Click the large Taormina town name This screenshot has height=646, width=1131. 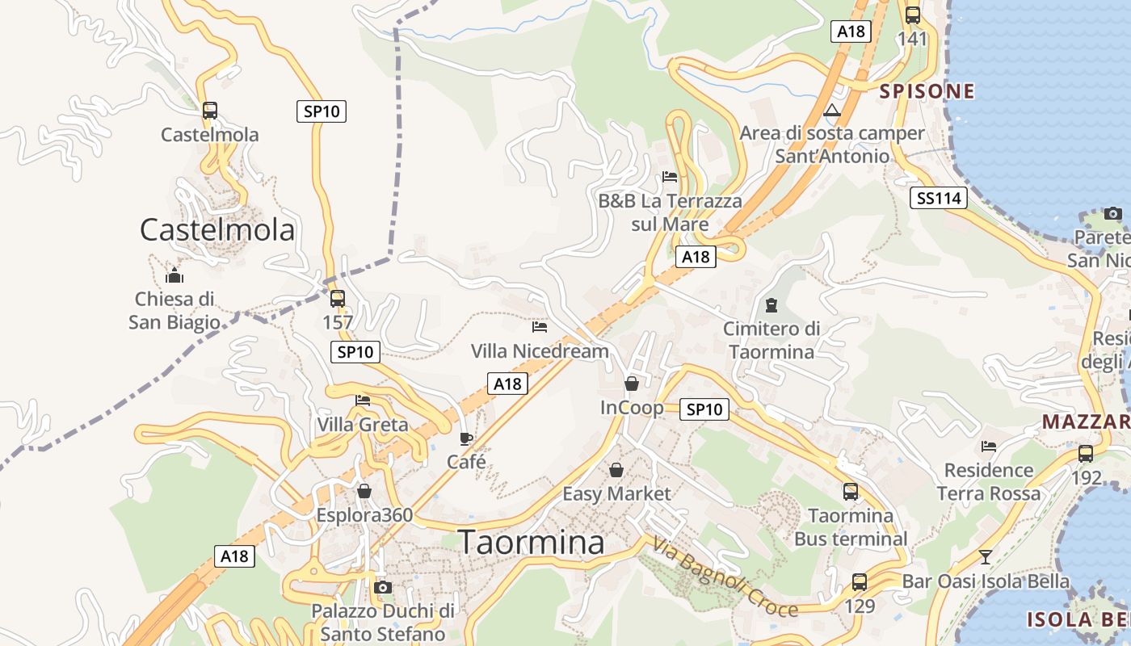[532, 542]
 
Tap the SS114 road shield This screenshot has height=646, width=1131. [938, 198]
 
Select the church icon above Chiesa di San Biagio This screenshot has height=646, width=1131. [174, 276]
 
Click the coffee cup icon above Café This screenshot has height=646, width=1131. [466, 438]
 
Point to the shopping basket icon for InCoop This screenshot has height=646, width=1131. [632, 384]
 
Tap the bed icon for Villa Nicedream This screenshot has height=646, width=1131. [540, 327]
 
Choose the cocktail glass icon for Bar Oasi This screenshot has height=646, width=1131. [985, 556]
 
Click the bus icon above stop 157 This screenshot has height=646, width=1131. [338, 299]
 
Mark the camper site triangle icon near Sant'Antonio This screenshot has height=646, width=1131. [832, 110]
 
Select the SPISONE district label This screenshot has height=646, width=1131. [927, 91]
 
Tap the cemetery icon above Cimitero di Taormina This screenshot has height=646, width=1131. [772, 305]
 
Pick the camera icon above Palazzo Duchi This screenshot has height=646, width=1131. [383, 587]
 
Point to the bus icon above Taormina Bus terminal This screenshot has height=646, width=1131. [851, 491]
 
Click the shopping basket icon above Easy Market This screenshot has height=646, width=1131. [616, 470]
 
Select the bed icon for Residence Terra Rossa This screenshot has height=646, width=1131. [988, 447]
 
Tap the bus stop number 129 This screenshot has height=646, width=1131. [859, 605]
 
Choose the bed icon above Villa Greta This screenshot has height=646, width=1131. [363, 401]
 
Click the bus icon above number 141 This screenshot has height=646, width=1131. [913, 15]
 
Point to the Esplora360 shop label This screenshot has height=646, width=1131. [364, 515]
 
